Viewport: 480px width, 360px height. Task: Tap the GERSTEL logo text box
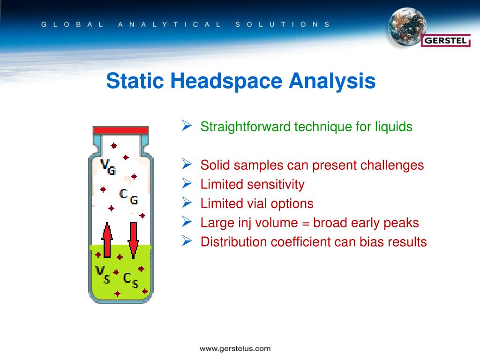[x=446, y=41]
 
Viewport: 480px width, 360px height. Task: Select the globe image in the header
[x=406, y=27]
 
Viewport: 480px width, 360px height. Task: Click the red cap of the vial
[x=120, y=130]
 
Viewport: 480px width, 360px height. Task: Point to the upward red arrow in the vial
[x=107, y=240]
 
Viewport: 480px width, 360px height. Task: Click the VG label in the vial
[x=108, y=166]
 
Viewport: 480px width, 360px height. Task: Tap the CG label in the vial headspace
[x=129, y=196]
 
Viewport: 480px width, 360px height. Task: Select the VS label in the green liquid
[x=102, y=274]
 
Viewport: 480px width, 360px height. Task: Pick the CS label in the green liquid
[x=130, y=280]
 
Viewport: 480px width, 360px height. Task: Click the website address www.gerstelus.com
[x=235, y=348]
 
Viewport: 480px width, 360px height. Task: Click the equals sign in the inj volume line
[x=305, y=223]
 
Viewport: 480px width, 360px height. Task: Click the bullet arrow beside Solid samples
[x=186, y=165]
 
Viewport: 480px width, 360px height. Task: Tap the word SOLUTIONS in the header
[x=282, y=24]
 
